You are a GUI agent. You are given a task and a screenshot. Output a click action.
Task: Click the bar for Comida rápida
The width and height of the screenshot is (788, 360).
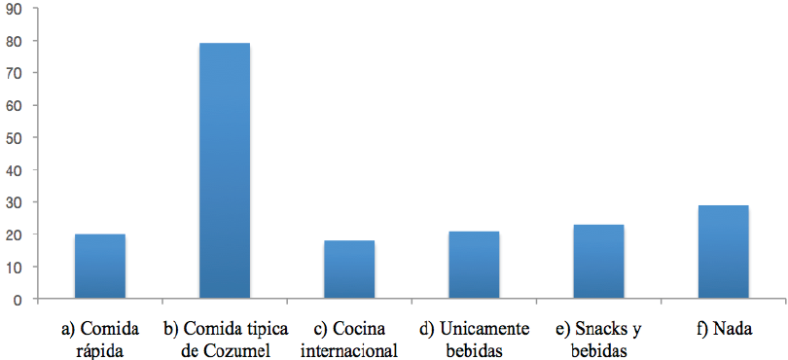pos(100,267)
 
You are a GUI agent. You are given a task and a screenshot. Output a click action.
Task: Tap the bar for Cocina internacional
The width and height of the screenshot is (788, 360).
pos(349,270)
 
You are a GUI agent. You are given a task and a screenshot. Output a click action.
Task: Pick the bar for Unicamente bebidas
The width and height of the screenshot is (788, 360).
pos(474,265)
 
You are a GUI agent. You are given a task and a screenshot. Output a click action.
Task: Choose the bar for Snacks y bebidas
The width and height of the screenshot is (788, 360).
pos(598,262)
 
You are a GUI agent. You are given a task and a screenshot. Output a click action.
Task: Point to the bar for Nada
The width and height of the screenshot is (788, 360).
pos(723,252)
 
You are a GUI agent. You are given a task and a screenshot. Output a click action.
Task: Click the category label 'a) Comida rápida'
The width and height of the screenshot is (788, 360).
pos(99,338)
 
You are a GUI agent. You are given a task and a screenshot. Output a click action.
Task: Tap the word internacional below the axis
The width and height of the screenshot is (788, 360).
pos(349,348)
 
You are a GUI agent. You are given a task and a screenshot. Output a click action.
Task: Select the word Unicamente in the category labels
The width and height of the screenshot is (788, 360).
pos(485,328)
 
